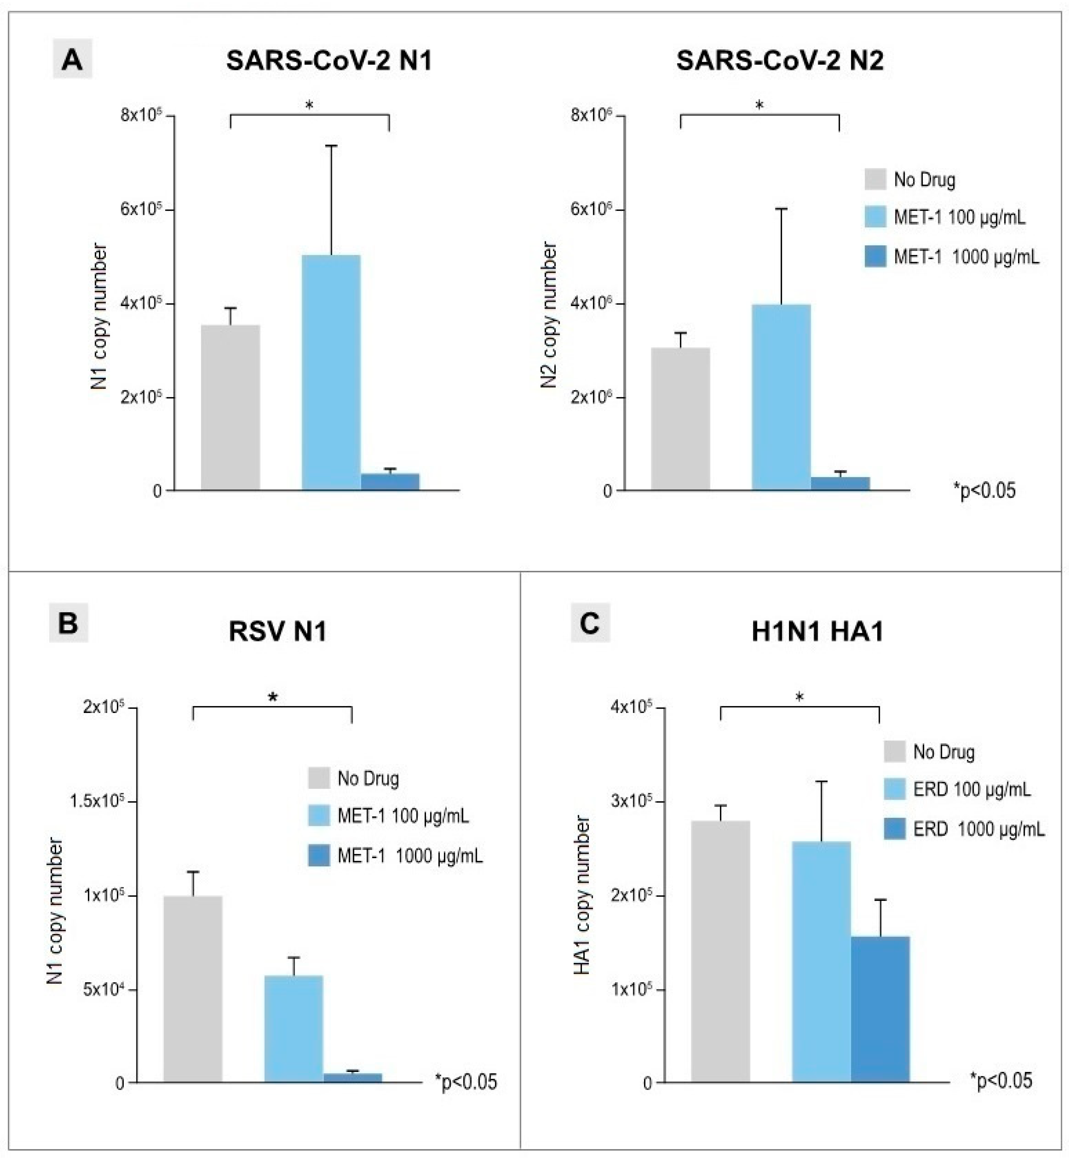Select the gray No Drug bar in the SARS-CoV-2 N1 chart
click(230, 408)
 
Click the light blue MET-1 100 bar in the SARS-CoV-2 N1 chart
click(331, 373)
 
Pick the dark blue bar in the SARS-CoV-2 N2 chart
click(840, 483)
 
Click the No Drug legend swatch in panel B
click(319, 778)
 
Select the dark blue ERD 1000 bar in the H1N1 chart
click(880, 1009)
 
